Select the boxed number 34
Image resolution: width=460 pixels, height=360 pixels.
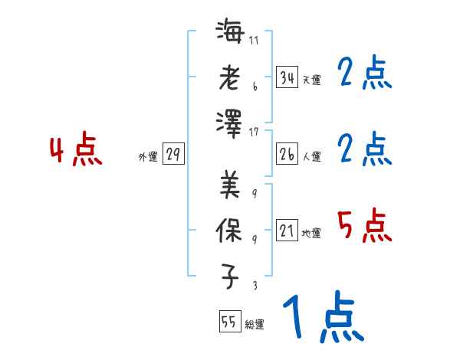click(287, 77)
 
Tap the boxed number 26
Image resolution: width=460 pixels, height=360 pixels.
click(287, 155)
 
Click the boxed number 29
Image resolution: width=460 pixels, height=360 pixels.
click(173, 155)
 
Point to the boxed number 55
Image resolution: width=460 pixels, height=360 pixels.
click(228, 322)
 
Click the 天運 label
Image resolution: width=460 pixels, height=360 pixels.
click(311, 80)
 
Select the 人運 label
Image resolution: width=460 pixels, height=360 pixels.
click(311, 157)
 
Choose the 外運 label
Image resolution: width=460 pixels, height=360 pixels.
click(147, 157)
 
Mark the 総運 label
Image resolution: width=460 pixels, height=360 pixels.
click(255, 325)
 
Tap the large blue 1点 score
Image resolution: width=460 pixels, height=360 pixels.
click(322, 317)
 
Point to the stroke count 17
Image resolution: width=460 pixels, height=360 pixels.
click(254, 132)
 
